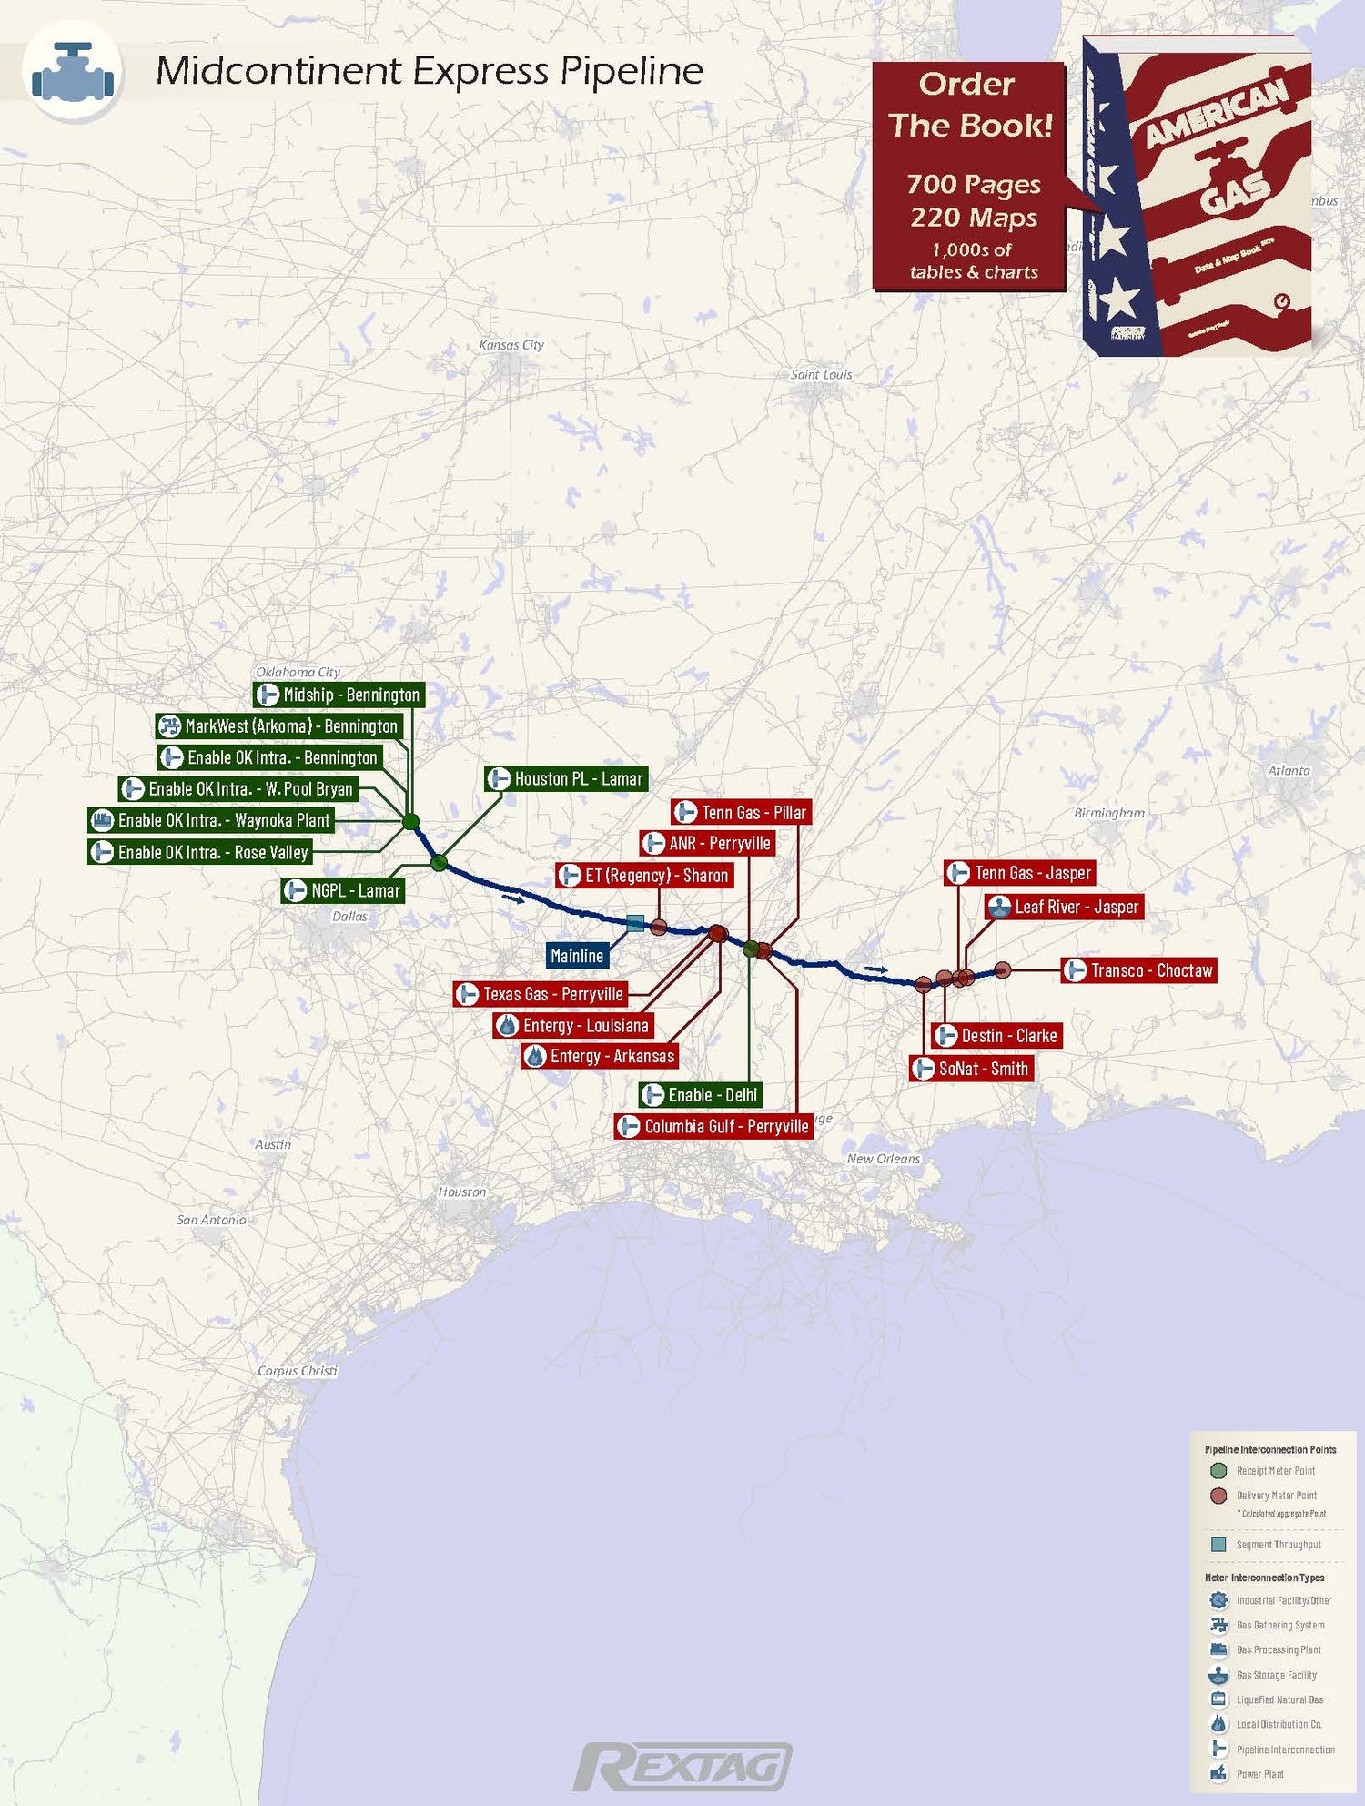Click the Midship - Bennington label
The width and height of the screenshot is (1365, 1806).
(339, 695)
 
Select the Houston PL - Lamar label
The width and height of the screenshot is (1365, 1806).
(566, 778)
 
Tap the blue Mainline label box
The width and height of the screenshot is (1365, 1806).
(577, 956)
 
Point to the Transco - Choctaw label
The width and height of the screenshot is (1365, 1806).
(1139, 970)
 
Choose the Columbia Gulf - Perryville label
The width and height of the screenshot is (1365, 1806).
(713, 1126)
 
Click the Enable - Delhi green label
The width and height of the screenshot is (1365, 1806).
(700, 1094)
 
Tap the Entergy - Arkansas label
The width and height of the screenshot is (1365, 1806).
(600, 1056)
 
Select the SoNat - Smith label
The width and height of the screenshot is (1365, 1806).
(971, 1069)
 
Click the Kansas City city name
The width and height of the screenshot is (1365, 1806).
(511, 345)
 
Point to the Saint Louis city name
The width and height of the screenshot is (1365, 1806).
(821, 374)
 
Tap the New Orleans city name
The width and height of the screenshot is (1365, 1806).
(883, 1159)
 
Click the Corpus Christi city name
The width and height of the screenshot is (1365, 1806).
(297, 1370)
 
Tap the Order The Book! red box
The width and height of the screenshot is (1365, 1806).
(968, 176)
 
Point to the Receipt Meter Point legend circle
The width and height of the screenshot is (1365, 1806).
(1219, 1471)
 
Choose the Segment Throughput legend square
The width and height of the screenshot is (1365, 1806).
(1219, 1545)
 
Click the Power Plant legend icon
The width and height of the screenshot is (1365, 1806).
(1218, 1773)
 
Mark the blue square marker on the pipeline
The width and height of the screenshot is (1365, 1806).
(635, 923)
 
